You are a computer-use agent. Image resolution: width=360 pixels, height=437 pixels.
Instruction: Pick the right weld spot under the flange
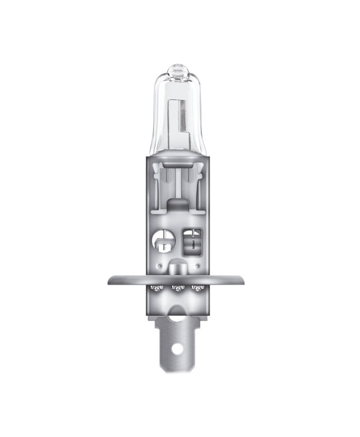coord(199,288)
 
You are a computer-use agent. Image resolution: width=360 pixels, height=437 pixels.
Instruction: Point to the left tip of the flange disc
coord(109,280)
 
